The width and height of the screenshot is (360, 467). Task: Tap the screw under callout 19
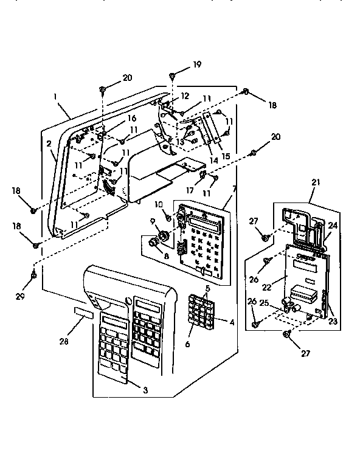173,75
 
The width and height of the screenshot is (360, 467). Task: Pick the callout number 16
131,119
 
